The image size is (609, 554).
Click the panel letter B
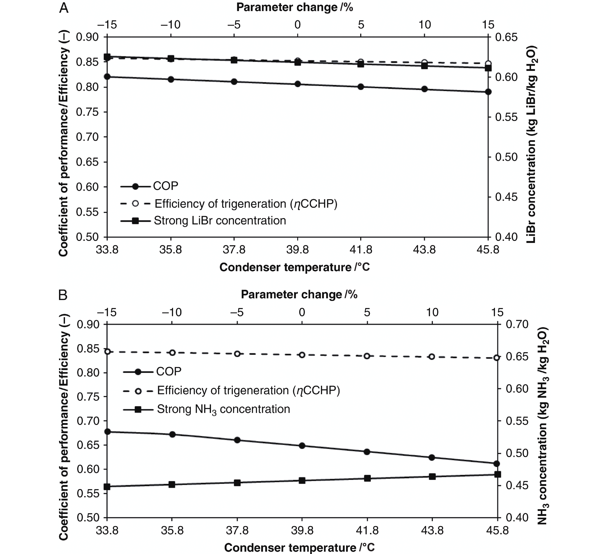(63, 295)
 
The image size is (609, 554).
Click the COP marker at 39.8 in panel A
(298, 84)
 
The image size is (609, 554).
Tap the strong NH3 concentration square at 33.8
(107, 487)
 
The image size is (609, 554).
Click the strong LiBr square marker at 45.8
(488, 68)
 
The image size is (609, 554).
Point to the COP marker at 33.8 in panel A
(107, 76)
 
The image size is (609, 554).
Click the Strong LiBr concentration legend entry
(220, 221)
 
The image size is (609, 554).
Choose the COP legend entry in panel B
(168, 371)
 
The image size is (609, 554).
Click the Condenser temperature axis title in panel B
(299, 547)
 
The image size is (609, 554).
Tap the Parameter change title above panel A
(294, 7)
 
